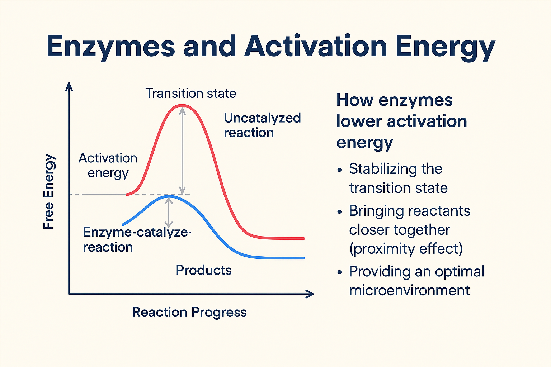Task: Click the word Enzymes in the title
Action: (x=110, y=47)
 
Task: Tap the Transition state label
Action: (x=190, y=94)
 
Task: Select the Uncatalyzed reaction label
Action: (x=262, y=125)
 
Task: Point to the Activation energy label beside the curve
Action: (x=108, y=165)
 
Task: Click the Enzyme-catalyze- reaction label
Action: (x=136, y=240)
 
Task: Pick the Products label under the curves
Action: (x=203, y=270)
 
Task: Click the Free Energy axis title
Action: (x=49, y=191)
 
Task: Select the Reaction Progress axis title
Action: (x=189, y=312)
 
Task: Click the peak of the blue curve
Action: (x=169, y=196)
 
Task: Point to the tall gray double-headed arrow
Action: (x=183, y=151)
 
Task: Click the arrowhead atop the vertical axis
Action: (x=69, y=86)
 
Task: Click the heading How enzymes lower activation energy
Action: (x=401, y=121)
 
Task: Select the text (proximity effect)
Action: (x=406, y=249)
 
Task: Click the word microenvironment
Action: (x=409, y=290)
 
